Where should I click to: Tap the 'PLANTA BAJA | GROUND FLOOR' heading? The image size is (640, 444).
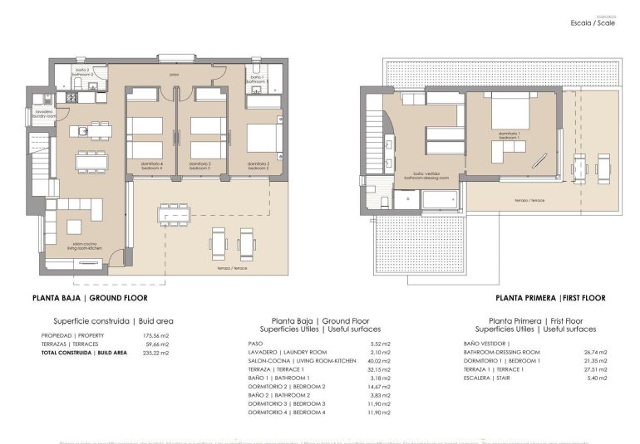point(91,297)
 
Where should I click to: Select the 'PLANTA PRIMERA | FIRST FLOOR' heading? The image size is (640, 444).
point(550,297)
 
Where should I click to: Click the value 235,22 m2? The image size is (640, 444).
point(157,353)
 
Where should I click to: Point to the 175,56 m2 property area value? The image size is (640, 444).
point(157,334)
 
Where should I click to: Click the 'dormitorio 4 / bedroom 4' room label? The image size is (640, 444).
point(150,165)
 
